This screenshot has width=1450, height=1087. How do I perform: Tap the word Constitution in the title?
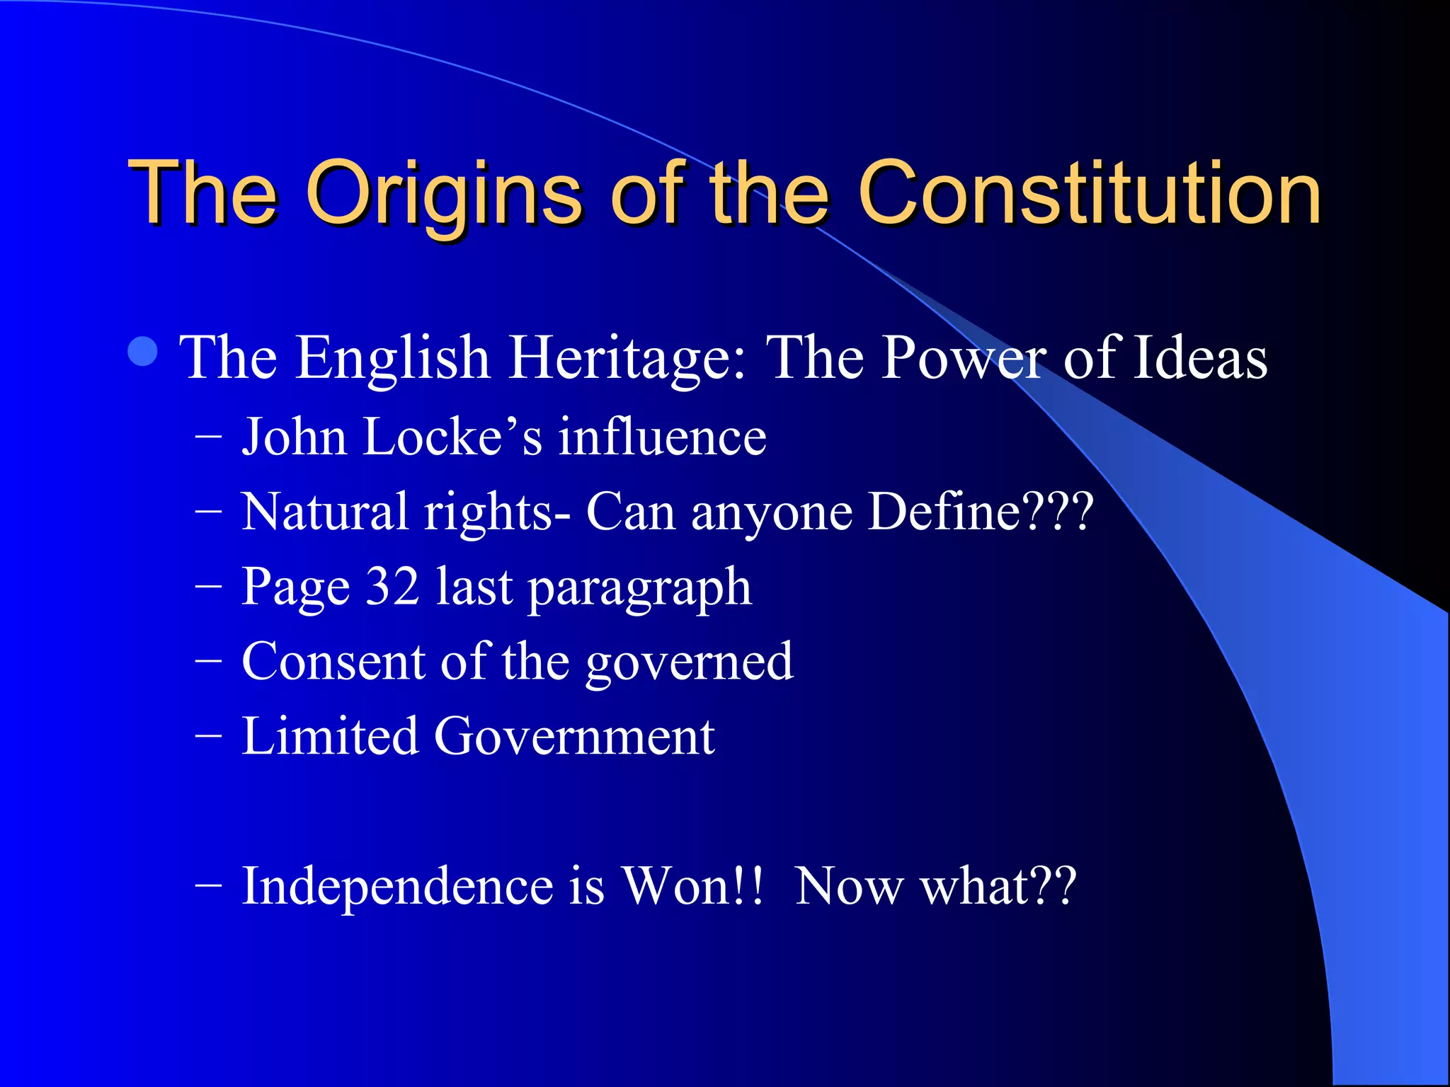tap(1089, 192)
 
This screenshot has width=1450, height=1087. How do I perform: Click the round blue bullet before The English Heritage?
tap(144, 352)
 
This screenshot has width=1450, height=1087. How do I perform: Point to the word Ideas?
tap(1201, 358)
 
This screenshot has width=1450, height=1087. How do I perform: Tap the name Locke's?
tap(452, 437)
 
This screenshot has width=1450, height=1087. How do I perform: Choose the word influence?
tap(662, 437)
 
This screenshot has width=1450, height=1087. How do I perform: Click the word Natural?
tap(325, 512)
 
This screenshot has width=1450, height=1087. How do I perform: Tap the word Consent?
tap(333, 661)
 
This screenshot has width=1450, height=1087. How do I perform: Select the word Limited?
tap(330, 736)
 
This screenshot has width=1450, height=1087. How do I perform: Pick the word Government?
tap(574, 736)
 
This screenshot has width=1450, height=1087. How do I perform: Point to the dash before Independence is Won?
tap(208, 886)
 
